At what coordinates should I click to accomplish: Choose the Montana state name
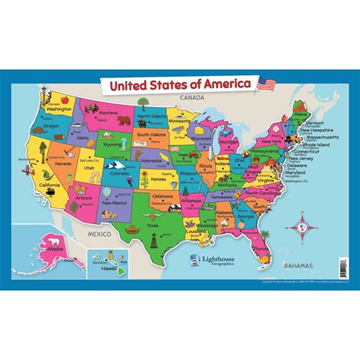[x=108, y=112]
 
